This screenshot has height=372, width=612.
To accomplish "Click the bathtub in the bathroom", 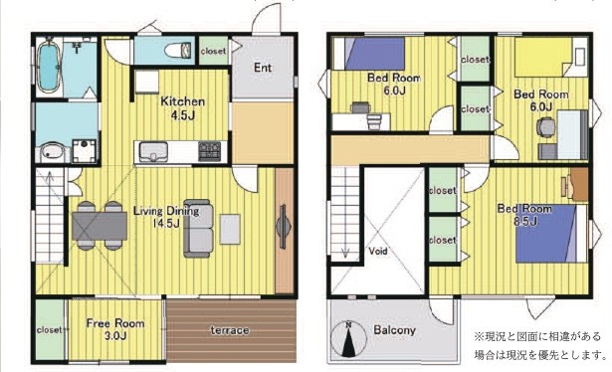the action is coord(49,65).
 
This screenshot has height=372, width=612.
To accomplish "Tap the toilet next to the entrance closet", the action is coord(177,51).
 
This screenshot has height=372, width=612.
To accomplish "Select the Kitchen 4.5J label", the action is coord(183,108).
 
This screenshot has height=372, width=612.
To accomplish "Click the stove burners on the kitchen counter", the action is coord(210,151).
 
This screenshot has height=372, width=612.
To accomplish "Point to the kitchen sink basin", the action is coord(153,151).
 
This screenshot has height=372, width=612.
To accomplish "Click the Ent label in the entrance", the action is coord(263,68).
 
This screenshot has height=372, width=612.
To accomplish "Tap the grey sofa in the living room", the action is coord(199,228).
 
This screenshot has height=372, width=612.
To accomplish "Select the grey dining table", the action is coord(100,226).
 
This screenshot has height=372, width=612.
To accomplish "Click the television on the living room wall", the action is coord(283,227).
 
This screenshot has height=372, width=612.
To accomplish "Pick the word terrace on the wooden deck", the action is coord(230,330).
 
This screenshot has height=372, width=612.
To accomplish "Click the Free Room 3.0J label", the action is coord(115,329).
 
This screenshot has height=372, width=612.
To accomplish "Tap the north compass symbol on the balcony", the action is coord(348,339).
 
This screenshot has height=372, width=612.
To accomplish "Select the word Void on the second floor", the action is coord(378,251).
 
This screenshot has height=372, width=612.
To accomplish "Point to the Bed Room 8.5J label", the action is coord(524,215).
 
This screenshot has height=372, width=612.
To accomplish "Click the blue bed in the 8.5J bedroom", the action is coord(546,234).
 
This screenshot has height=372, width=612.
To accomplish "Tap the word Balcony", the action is coord(395,330).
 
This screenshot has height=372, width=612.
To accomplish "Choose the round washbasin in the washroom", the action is coord(51,152).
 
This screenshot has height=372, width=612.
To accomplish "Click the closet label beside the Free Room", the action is coord(49,330).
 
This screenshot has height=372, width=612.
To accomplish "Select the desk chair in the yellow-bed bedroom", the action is coord(544,127).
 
